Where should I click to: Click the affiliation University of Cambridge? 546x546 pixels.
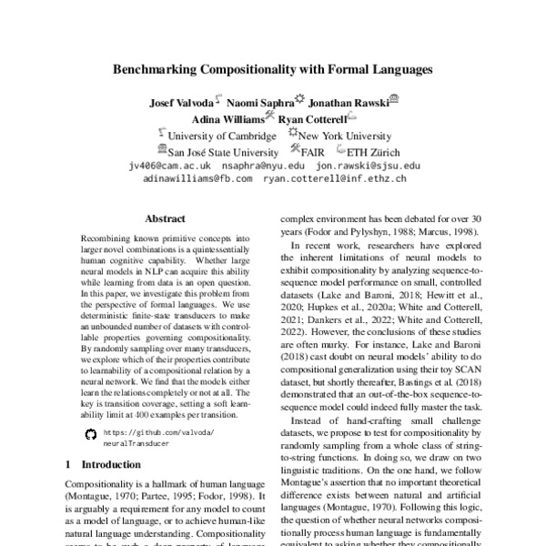coord(221,136)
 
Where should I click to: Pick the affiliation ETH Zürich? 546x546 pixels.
coord(379,151)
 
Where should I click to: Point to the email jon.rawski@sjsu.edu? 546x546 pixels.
coord(368,167)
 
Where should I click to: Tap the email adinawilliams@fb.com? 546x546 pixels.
coord(197,180)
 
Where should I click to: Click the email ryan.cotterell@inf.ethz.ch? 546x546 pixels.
coord(335,180)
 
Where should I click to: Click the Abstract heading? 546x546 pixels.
coord(166,219)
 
